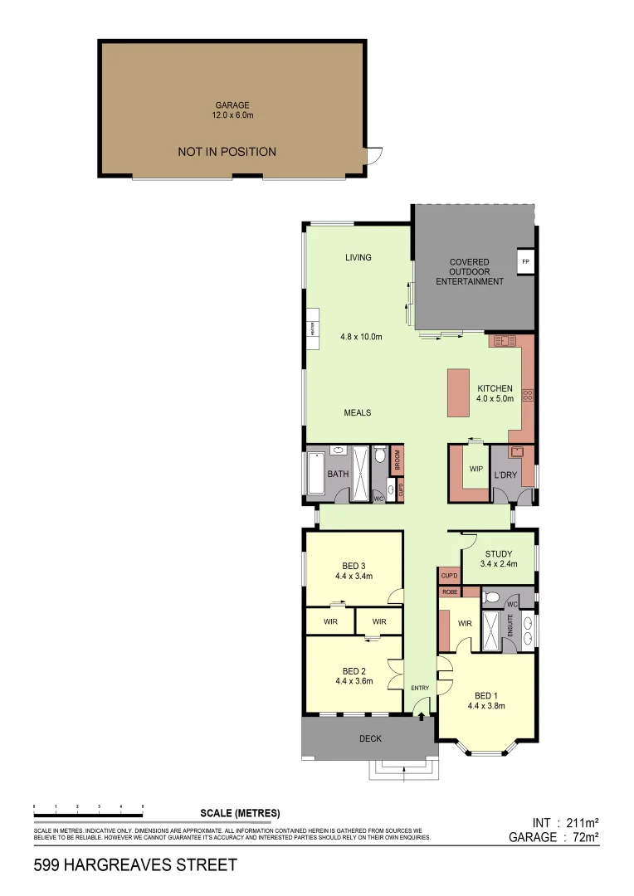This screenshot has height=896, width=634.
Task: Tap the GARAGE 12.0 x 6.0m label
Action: tap(232, 110)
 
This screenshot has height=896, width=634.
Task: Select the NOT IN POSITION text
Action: tap(227, 152)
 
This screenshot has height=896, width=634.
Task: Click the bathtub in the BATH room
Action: tap(315, 475)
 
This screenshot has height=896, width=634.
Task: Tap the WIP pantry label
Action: tap(475, 470)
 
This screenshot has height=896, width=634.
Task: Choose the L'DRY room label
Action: tap(505, 475)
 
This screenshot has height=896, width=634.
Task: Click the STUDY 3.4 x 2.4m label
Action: tap(498, 558)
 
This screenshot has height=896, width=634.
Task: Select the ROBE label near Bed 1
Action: tap(450, 592)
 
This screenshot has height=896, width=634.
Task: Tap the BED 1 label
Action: tap(486, 701)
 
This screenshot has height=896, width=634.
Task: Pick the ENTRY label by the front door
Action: tap(420, 688)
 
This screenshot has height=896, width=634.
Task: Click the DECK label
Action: tap(370, 738)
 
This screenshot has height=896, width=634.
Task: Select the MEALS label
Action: tap(358, 412)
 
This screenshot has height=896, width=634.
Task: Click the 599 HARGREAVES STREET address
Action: tap(135, 865)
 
